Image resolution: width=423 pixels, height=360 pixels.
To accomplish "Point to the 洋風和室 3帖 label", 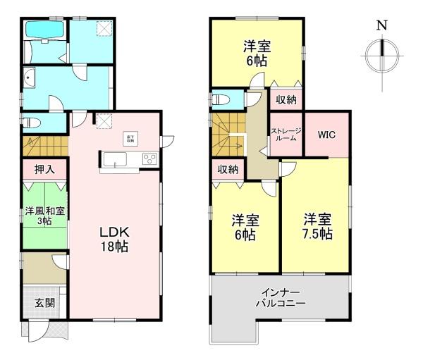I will click(x=44, y=216).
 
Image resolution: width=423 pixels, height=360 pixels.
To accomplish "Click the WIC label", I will click(x=326, y=134).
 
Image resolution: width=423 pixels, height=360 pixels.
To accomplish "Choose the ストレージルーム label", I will click(x=286, y=134).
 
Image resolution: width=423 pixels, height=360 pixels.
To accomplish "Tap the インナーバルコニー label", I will click(x=280, y=297).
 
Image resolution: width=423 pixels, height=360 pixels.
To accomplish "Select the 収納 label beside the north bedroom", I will click(x=286, y=100).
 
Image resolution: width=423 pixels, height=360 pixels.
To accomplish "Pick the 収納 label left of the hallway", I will click(x=227, y=169).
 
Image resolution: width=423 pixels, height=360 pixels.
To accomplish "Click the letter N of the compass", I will click(x=381, y=25).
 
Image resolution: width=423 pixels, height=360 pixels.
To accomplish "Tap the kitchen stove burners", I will click(x=149, y=159).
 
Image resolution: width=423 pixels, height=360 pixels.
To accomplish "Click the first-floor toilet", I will click(x=32, y=123).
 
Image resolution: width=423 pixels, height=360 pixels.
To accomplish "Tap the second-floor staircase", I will click(x=228, y=133).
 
